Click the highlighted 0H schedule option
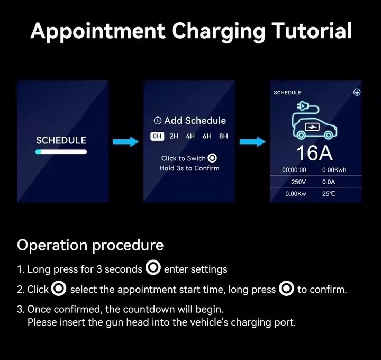(x=157, y=136)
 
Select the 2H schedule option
(x=174, y=136)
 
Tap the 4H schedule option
(x=190, y=136)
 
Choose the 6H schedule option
(x=207, y=136)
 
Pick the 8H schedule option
(x=223, y=136)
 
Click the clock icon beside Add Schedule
(x=158, y=121)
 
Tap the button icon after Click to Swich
(x=212, y=158)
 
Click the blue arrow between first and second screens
(x=125, y=141)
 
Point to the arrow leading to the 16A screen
(x=252, y=141)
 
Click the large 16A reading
(x=314, y=153)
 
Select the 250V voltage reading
(x=298, y=182)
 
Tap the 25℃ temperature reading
(x=329, y=194)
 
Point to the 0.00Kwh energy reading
(x=334, y=170)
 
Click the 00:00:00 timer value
(x=294, y=170)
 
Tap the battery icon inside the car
(x=312, y=127)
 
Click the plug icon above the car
(x=302, y=106)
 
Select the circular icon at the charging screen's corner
(x=357, y=92)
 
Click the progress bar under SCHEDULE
(x=61, y=152)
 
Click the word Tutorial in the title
(x=312, y=31)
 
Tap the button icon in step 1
(x=153, y=267)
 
